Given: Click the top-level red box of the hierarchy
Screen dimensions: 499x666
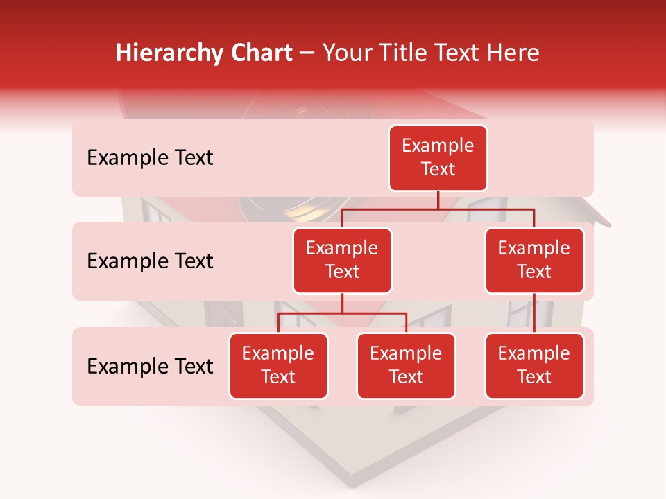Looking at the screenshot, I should [438, 158].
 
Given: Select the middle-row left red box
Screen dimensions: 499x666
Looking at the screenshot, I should [342, 261].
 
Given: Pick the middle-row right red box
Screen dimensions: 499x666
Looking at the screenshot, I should [534, 261].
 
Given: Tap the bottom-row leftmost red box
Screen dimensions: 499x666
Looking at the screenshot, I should [278, 366].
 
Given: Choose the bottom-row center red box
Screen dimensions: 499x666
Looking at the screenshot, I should [406, 366].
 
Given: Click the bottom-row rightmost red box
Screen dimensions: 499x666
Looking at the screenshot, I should [534, 366].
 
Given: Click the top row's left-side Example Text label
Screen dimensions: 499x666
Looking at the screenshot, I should [150, 158].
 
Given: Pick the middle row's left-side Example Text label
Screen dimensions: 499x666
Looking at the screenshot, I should [150, 261].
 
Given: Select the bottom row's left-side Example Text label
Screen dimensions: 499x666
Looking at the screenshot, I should [150, 367].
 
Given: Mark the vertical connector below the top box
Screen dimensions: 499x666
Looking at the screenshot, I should [438, 200].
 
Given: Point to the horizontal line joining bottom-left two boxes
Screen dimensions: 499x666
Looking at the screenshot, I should [342, 313].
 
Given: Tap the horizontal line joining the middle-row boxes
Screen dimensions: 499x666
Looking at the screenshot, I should [438, 209].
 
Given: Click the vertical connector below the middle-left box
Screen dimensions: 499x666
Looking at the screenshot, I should [342, 303].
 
